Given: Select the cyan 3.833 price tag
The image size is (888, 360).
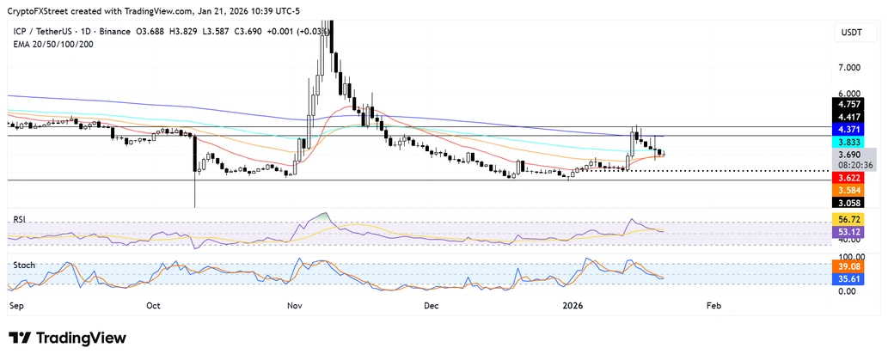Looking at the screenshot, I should pyautogui.click(x=851, y=142).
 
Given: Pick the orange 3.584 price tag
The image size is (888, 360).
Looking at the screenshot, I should pyautogui.click(x=851, y=190).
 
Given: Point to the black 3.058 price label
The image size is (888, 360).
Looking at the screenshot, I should pyautogui.click(x=851, y=203).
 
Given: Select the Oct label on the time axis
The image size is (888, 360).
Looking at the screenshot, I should pyautogui.click(x=154, y=305).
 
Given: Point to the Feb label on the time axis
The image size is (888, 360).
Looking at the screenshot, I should pyautogui.click(x=713, y=305).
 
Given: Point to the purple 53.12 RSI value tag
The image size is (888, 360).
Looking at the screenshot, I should pyautogui.click(x=851, y=231).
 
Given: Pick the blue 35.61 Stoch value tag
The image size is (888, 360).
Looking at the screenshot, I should pyautogui.click(x=851, y=279).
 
